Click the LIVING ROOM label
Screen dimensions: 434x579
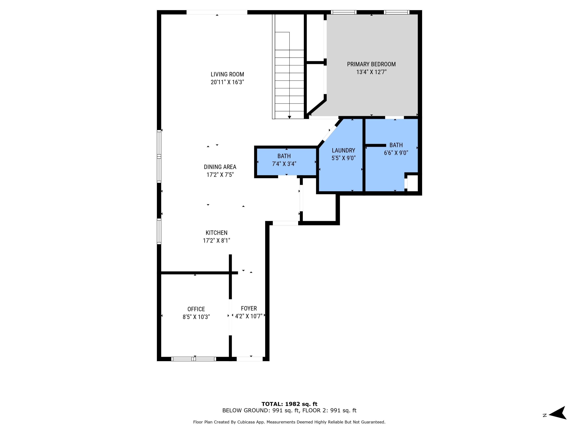pyautogui.click(x=227, y=74)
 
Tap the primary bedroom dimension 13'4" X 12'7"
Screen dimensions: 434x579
pyautogui.click(x=371, y=72)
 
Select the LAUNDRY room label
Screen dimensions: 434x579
pyautogui.click(x=343, y=150)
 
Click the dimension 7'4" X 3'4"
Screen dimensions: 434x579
pyautogui.click(x=284, y=164)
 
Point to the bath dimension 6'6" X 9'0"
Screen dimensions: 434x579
pyautogui.click(x=396, y=153)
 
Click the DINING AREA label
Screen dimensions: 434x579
pyautogui.click(x=220, y=167)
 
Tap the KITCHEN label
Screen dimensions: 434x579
pyautogui.click(x=216, y=233)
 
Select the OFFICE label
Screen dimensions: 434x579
pyautogui.click(x=196, y=309)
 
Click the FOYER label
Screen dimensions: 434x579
pyautogui.click(x=249, y=308)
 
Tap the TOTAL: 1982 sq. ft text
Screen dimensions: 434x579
pyautogui.click(x=289, y=404)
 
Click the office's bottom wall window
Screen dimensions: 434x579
pyautogui.click(x=194, y=359)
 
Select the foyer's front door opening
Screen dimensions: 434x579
pyautogui.click(x=249, y=359)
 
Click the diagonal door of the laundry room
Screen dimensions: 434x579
pyautogui.click(x=330, y=133)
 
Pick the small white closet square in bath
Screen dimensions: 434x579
pyautogui.click(x=412, y=183)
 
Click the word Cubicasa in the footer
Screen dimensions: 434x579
pyautogui.click(x=246, y=422)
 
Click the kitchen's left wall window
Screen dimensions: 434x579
pyautogui.click(x=159, y=231)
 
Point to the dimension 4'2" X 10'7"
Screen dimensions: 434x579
pyautogui.click(x=248, y=316)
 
